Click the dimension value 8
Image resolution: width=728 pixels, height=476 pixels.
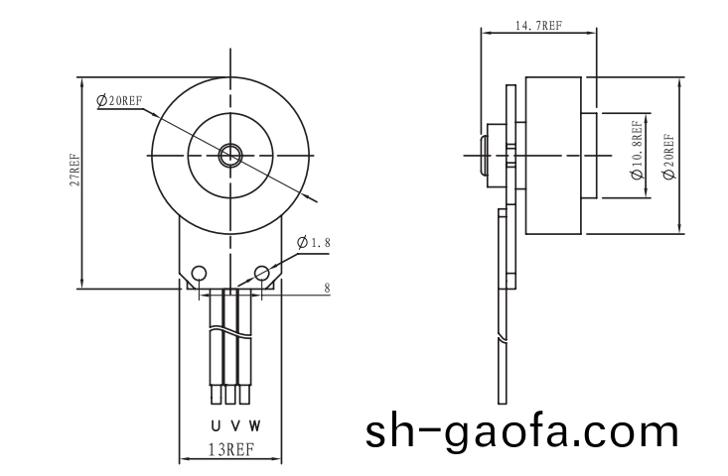coord(327,288)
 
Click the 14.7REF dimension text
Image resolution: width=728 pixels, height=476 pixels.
coord(539,28)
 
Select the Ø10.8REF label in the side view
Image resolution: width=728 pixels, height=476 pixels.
coord(637,150)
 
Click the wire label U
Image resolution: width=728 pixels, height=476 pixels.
coord(215,426)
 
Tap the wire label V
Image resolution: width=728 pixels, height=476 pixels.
coord(234,426)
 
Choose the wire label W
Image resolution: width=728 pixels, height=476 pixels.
coord(255,426)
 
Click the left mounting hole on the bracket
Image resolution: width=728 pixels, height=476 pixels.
coord(199,273)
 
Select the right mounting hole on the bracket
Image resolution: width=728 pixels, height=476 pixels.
coord(262,273)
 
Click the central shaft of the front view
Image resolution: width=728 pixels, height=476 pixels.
coord(231,154)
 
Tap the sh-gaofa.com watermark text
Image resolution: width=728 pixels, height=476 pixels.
coord(522,432)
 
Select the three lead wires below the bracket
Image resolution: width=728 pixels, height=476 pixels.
coord(231,347)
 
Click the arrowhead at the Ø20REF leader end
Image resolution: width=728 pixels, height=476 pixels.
coord(315,201)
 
